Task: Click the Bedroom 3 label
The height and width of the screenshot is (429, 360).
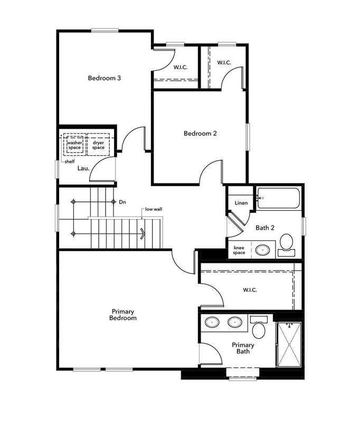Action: (104, 78)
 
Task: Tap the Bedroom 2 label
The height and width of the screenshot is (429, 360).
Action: (200, 133)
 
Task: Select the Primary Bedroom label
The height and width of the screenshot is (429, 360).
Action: (123, 315)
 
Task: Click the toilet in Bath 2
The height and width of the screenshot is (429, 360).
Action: (286, 245)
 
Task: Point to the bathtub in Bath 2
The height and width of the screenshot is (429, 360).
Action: (279, 198)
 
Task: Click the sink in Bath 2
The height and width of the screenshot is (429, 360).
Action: (262, 250)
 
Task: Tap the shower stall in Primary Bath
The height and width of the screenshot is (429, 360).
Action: (289, 344)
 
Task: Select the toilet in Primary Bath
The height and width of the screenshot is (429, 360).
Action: (259, 327)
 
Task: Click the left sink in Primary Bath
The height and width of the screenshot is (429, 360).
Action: (212, 323)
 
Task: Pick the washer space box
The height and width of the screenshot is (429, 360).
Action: (74, 145)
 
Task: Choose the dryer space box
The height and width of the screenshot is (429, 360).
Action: (98, 145)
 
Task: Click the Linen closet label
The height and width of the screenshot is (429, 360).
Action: (241, 203)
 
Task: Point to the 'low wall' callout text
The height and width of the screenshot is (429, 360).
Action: (154, 209)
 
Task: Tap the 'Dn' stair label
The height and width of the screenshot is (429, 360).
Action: (122, 202)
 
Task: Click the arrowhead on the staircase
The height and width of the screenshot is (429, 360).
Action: (143, 234)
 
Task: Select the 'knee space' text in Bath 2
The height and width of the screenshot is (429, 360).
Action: (239, 250)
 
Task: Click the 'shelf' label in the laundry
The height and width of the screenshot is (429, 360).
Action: (70, 162)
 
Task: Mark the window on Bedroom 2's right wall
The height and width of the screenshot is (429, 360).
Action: (248, 137)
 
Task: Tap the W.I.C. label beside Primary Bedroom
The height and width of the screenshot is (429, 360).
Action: (250, 290)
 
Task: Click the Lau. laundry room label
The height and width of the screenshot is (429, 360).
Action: (83, 168)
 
